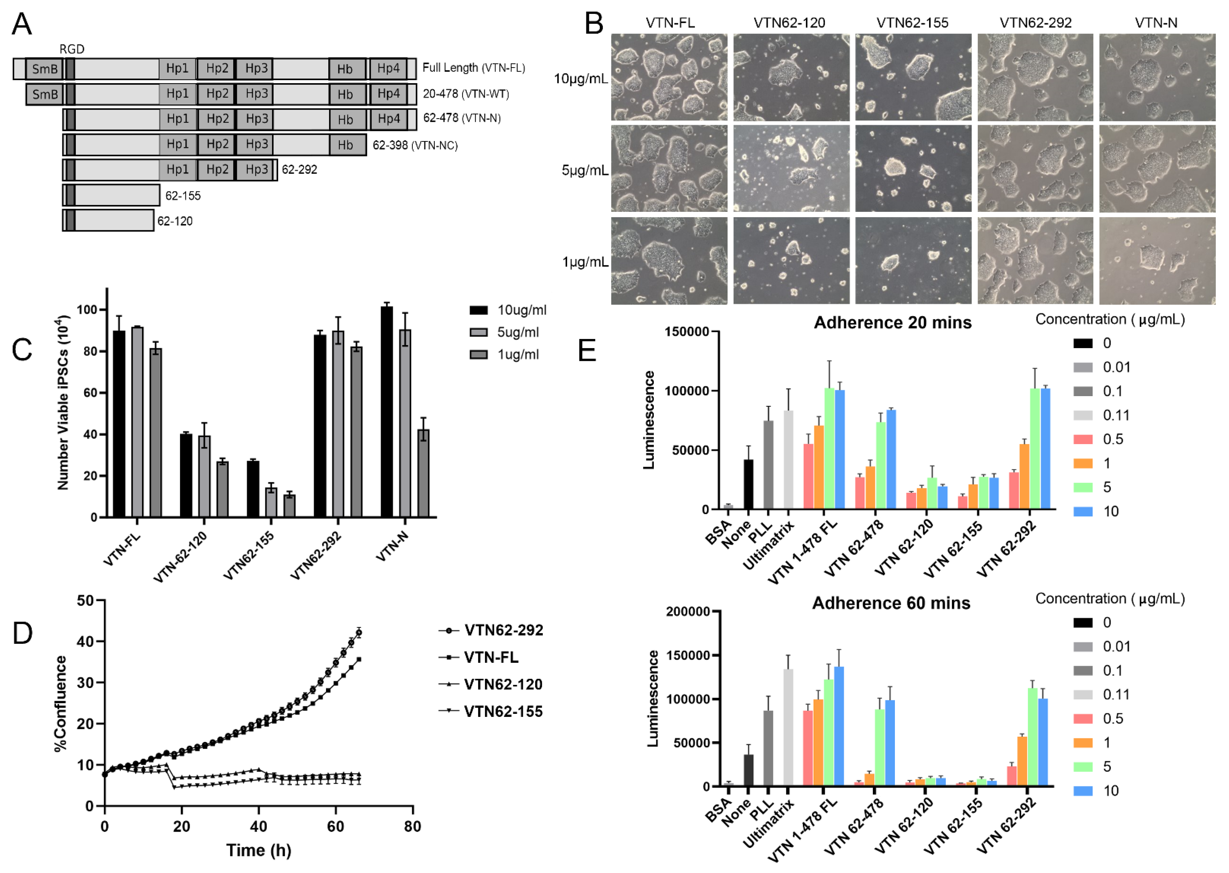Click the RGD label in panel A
click(x=71, y=49)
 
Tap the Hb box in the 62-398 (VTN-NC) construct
click(x=345, y=145)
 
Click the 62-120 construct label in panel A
click(x=175, y=221)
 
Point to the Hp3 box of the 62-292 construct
click(x=256, y=169)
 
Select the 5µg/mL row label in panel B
click(x=585, y=170)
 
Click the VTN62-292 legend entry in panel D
click(x=491, y=630)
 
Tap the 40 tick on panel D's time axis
click(x=259, y=826)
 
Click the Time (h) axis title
click(x=259, y=850)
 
